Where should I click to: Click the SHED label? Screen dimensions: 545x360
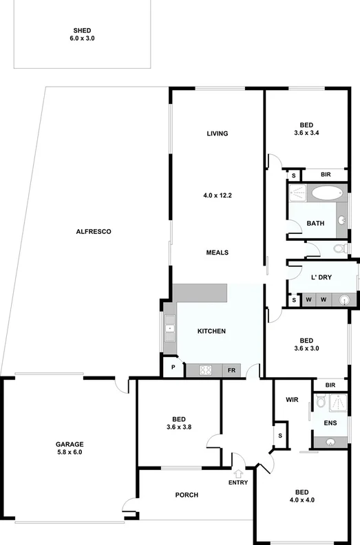[x=83, y=30]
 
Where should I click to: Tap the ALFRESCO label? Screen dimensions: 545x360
[x=94, y=232]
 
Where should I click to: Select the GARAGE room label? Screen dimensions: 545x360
[x=69, y=445]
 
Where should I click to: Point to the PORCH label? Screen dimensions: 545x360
[x=187, y=495]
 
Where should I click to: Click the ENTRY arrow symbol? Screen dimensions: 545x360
[x=238, y=473]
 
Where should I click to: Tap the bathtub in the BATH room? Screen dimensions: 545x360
[x=324, y=193]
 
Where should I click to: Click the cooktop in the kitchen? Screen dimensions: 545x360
[x=206, y=370]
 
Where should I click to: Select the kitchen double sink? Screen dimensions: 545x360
[x=169, y=329]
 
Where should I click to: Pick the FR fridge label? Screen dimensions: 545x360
[x=232, y=370]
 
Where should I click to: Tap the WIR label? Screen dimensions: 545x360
[x=290, y=399]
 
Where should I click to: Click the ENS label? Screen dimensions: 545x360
[x=331, y=422]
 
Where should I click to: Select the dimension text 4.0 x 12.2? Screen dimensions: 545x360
[x=218, y=195]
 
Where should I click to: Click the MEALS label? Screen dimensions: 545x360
[x=218, y=253]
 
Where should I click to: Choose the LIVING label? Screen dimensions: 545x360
[x=218, y=133]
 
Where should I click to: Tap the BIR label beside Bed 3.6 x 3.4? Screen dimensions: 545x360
[x=326, y=175]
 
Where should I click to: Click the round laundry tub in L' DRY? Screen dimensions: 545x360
[x=344, y=299]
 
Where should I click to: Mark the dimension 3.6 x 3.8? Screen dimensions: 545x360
[x=178, y=428]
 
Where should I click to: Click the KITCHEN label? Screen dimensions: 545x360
[x=211, y=332]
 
